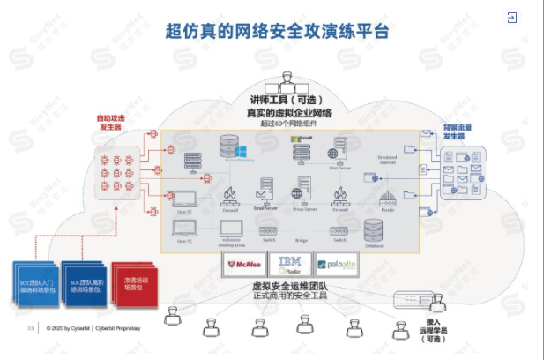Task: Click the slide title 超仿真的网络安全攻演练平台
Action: [277, 32]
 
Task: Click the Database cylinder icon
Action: [373, 230]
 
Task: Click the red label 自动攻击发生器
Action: [109, 122]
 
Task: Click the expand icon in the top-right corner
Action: [511, 17]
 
